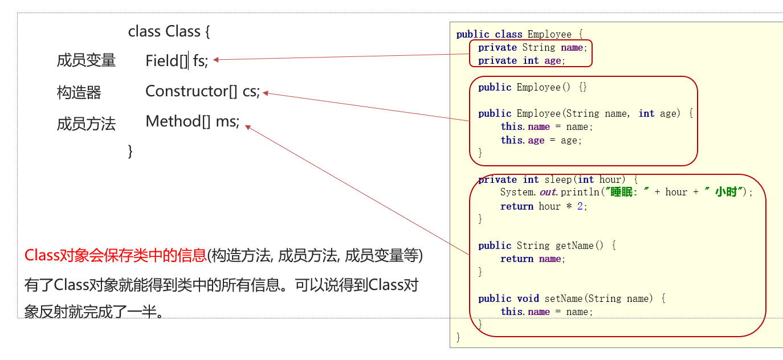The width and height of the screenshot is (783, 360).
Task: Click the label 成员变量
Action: tap(86, 60)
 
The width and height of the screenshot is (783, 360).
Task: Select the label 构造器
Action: tap(79, 92)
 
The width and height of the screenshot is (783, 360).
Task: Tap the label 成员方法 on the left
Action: tap(86, 124)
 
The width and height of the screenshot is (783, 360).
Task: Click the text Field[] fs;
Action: tap(177, 60)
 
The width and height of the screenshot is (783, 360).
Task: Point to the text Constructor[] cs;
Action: tap(202, 91)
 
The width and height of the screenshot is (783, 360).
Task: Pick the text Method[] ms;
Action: tap(193, 121)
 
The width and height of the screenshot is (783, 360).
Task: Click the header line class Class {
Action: tap(169, 31)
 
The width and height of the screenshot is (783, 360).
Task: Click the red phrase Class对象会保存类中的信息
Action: tap(115, 255)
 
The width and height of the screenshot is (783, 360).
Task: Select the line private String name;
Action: tap(532, 48)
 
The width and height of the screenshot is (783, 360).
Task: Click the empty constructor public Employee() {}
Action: tap(532, 87)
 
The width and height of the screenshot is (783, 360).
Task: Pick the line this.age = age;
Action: tap(541, 140)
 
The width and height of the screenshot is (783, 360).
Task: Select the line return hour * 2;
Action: tap(544, 206)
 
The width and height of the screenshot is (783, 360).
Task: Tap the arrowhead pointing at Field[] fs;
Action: tap(217, 59)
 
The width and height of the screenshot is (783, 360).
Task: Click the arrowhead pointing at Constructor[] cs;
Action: tap(266, 93)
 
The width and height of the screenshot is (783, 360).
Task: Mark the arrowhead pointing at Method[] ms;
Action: tap(248, 127)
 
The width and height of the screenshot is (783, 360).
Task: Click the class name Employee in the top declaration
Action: tap(549, 34)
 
